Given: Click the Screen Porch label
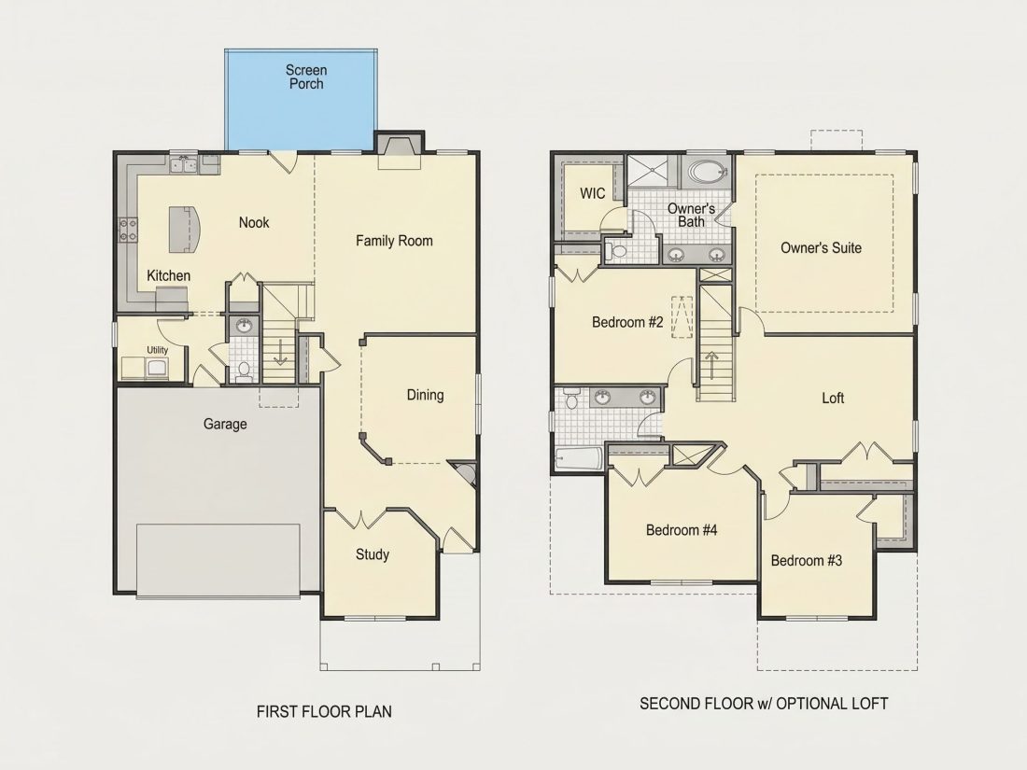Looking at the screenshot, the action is (x=306, y=77).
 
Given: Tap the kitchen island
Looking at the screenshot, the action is (x=183, y=230).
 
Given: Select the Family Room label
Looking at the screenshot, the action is (x=394, y=241).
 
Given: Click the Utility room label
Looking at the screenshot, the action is (x=157, y=350).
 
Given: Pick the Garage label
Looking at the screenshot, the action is (x=225, y=424).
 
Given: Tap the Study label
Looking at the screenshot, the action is (x=373, y=554).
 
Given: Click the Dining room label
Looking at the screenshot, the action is (x=425, y=395).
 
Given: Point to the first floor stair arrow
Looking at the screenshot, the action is (x=280, y=351).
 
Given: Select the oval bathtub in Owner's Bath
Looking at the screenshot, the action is (x=707, y=173).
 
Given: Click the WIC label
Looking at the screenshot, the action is (x=593, y=193).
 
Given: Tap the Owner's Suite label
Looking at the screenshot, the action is (x=821, y=247).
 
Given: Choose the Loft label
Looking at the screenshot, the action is (x=833, y=399).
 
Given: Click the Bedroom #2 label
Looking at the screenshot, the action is (x=627, y=322).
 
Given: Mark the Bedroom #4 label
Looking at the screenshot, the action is (x=682, y=530).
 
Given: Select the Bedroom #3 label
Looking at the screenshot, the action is (x=807, y=561).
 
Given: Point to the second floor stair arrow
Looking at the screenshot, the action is (x=711, y=366).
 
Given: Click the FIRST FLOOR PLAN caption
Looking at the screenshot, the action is (x=324, y=711).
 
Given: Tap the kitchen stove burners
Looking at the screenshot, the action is (x=129, y=230).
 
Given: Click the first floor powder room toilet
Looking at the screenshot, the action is (x=244, y=371).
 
